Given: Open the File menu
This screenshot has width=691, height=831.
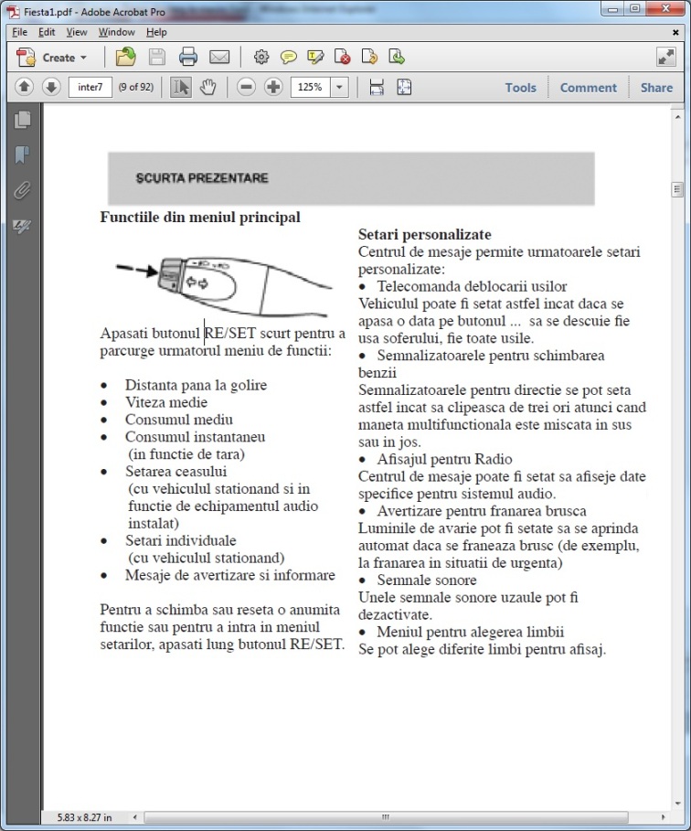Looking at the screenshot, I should tap(19, 32).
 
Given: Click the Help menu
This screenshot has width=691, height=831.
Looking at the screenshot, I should tap(156, 32).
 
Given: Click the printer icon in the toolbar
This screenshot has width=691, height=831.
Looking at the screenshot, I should tap(188, 58).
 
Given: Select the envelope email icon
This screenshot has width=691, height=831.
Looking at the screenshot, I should tap(219, 58).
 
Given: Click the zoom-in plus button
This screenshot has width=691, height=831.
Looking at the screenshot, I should tap(273, 88).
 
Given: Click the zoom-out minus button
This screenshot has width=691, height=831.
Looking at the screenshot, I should tap(246, 88).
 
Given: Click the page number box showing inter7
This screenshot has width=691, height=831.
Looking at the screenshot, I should tap(90, 88).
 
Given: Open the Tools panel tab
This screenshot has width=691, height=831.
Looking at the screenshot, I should tap(520, 88).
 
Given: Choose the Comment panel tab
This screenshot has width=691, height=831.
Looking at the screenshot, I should tap(588, 88).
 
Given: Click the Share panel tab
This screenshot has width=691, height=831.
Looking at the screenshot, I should tap(656, 88).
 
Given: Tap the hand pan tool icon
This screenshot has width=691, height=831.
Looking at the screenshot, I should tap(207, 88).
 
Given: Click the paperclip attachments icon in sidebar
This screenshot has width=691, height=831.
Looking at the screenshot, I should tap(22, 191).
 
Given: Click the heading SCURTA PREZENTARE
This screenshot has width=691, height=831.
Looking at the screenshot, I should tap(202, 178).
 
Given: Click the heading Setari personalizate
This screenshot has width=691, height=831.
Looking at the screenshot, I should tap(424, 235).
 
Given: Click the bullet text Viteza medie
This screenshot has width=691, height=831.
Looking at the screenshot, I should tap(166, 402).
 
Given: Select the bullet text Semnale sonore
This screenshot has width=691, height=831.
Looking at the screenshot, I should tap(427, 581).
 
